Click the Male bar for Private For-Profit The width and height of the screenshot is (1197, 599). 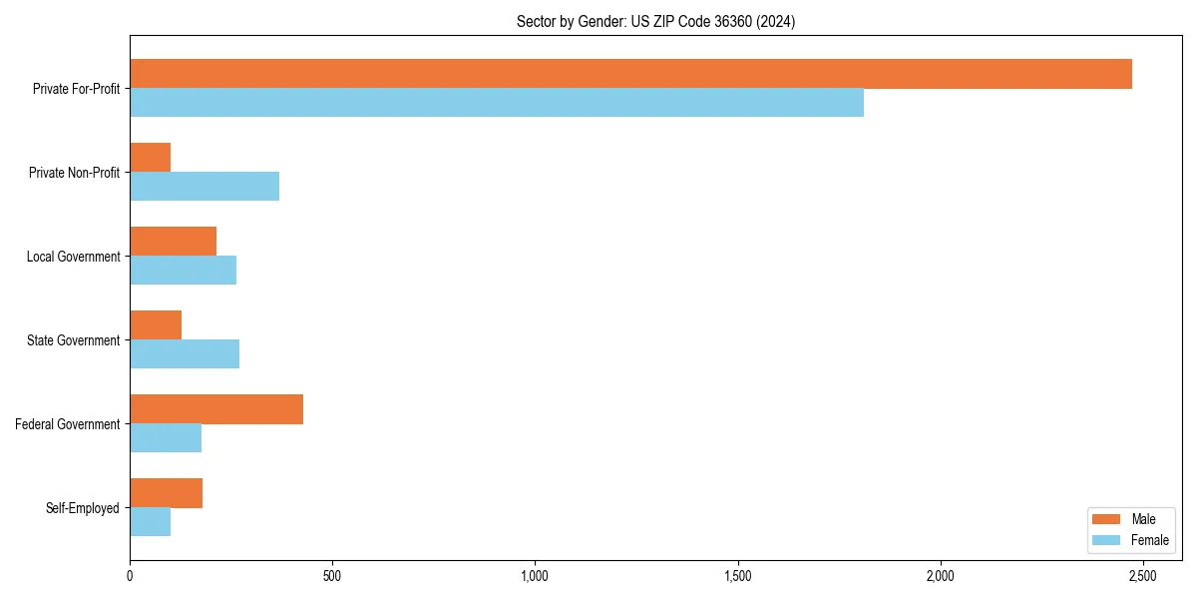click(x=630, y=74)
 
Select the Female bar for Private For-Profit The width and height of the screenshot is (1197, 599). click(x=497, y=103)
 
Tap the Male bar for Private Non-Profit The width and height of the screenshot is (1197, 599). click(x=150, y=158)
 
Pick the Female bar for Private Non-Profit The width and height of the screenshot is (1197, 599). click(x=204, y=187)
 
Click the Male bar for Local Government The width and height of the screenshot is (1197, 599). click(x=173, y=242)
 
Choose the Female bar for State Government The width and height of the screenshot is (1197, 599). click(x=185, y=354)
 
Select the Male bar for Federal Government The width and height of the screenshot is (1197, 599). click(x=216, y=409)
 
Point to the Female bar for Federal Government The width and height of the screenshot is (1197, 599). click(x=166, y=438)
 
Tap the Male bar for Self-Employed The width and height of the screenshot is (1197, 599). click(x=166, y=493)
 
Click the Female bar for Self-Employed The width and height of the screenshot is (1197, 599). click(x=150, y=522)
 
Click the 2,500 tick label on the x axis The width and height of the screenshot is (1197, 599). click(x=1142, y=576)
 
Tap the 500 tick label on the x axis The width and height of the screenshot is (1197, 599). click(x=332, y=576)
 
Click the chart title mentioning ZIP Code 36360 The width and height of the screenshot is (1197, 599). click(x=655, y=21)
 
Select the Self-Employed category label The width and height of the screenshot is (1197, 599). click(x=83, y=508)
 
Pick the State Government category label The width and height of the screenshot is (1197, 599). click(x=74, y=340)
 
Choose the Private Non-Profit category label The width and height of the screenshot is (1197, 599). click(x=75, y=173)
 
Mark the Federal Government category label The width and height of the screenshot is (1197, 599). click(x=68, y=424)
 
